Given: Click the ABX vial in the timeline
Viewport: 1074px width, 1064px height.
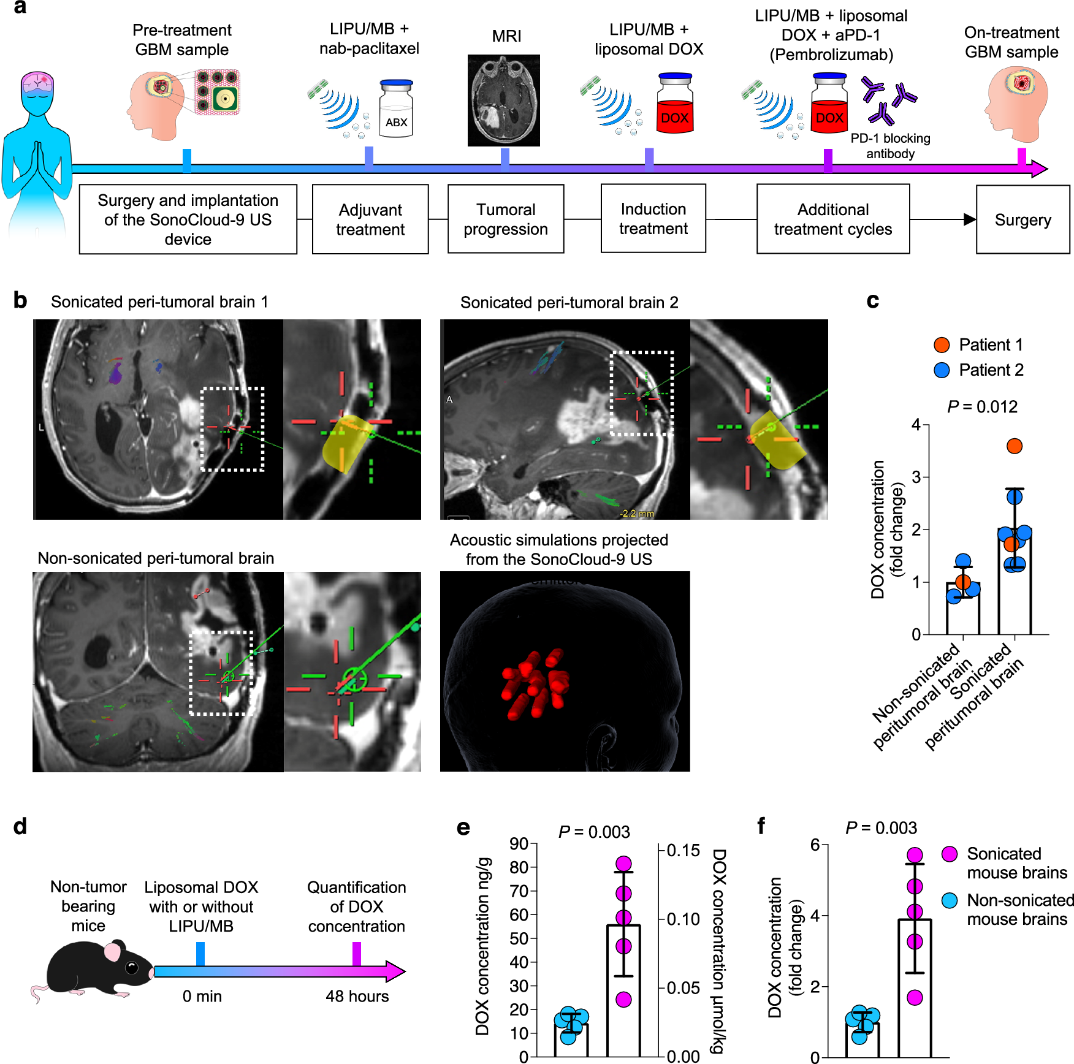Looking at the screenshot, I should pyautogui.click(x=396, y=109).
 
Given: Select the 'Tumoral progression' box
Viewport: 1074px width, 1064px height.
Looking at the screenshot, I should pyautogui.click(x=506, y=219).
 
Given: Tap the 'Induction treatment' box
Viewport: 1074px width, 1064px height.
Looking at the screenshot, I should pyautogui.click(x=653, y=219).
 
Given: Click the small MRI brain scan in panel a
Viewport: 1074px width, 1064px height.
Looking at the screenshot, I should pyautogui.click(x=503, y=101).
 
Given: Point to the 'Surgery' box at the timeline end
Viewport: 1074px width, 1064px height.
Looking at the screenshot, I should pyautogui.click(x=1023, y=219).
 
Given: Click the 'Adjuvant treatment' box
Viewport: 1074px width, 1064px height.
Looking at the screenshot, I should pyautogui.click(x=370, y=219).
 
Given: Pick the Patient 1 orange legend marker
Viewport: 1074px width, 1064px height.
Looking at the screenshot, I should pyautogui.click(x=942, y=345).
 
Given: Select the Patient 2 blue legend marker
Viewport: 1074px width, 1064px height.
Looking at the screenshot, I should pyautogui.click(x=942, y=370).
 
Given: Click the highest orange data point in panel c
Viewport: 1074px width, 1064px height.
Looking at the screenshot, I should pyautogui.click(x=1015, y=446).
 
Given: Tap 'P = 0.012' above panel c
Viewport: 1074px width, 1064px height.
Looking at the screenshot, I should pyautogui.click(x=982, y=407).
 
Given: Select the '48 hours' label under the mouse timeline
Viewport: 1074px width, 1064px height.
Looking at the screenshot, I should pyautogui.click(x=357, y=997).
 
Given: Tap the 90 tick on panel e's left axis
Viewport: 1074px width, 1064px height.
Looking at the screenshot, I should pyautogui.click(x=519, y=844).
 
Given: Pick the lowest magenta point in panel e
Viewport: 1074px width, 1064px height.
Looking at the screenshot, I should pyautogui.click(x=623, y=1000).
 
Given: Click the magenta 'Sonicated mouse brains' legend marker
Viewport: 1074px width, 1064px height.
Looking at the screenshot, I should pyautogui.click(x=950, y=854).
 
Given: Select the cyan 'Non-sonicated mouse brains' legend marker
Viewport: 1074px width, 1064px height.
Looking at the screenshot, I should pyautogui.click(x=950, y=900).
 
